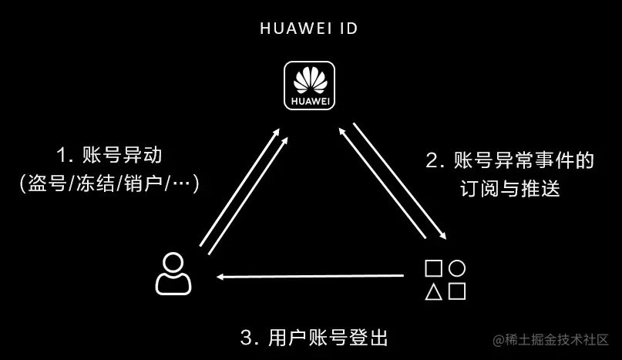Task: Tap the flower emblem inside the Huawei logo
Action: point(310,82)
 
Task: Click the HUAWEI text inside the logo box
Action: point(310,101)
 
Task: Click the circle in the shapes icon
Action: point(457,268)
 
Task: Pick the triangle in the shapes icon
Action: point(434,291)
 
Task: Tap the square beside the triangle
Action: point(457,291)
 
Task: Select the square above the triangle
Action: point(434,268)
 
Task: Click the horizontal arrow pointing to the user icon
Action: point(308,275)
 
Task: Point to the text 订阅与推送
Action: point(511,188)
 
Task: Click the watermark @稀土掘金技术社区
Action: point(552,339)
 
